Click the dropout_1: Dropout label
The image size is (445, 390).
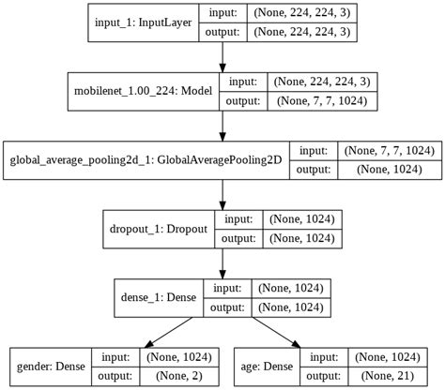159,228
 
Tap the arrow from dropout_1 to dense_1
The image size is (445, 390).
222,262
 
